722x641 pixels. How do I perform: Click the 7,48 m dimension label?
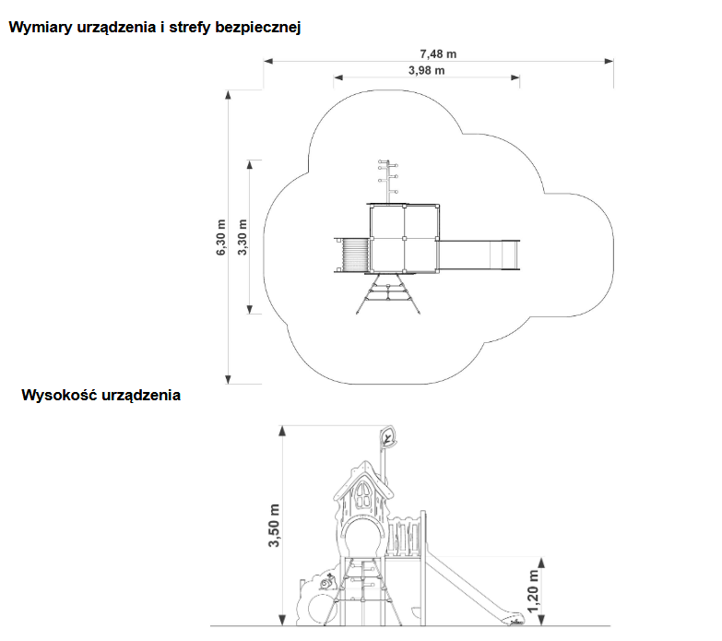(x=438, y=53)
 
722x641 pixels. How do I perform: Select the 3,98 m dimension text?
(x=426, y=70)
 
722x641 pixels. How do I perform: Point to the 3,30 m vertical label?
(x=243, y=237)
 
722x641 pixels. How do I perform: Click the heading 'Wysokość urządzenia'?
(x=101, y=396)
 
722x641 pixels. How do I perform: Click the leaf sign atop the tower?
(x=387, y=436)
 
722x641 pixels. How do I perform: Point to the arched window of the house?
(x=364, y=497)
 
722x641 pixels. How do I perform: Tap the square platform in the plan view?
(x=404, y=238)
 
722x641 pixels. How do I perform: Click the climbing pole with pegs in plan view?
(x=385, y=179)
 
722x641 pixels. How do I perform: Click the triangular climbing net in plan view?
(x=389, y=294)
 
